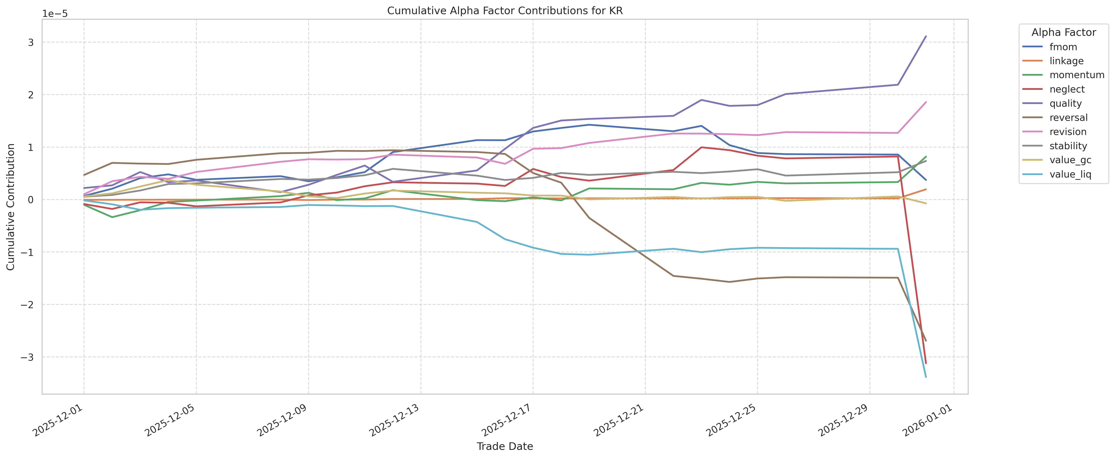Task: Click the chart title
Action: click(505, 11)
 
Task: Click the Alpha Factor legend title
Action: click(1063, 33)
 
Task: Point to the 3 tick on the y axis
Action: click(31, 43)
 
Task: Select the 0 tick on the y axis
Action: click(31, 200)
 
